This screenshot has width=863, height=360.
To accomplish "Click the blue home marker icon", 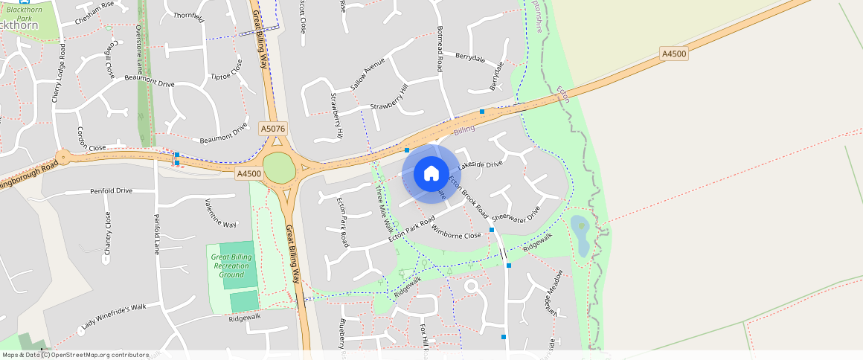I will [431, 173].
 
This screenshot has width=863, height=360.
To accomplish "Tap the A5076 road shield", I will [273, 129].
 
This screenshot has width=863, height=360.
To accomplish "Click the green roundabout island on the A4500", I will [280, 167].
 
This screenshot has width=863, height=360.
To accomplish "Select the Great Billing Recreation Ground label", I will [232, 266].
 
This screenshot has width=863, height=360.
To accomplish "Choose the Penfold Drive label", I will [111, 191].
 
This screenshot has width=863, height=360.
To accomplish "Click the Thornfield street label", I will [188, 16].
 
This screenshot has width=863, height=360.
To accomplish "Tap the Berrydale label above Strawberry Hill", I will [469, 57].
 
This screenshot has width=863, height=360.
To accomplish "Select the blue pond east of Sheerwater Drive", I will [580, 235].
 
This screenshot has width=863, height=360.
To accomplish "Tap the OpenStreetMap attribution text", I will [75, 355].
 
